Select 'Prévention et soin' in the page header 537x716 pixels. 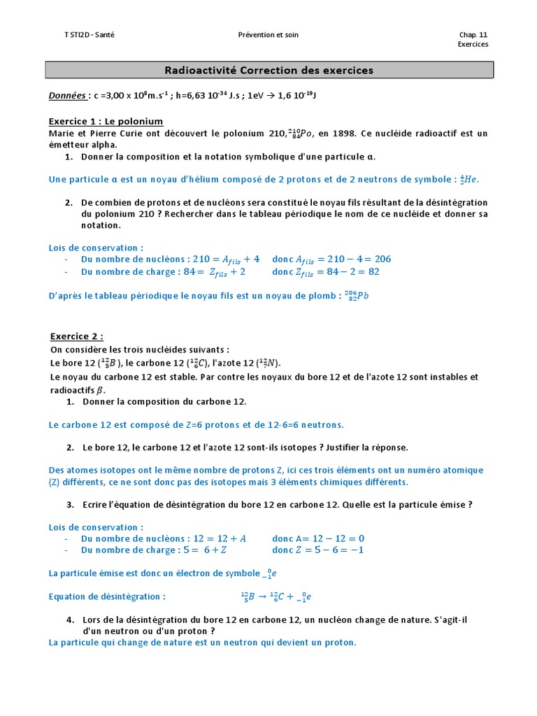268,34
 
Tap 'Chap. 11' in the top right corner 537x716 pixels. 473,34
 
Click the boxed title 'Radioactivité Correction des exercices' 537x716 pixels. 269,71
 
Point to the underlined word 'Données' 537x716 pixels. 68,95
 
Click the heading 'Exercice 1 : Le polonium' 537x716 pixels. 106,121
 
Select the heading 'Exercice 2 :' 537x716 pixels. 77,336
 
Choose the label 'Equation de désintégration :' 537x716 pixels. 107,597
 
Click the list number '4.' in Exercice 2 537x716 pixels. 71,620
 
